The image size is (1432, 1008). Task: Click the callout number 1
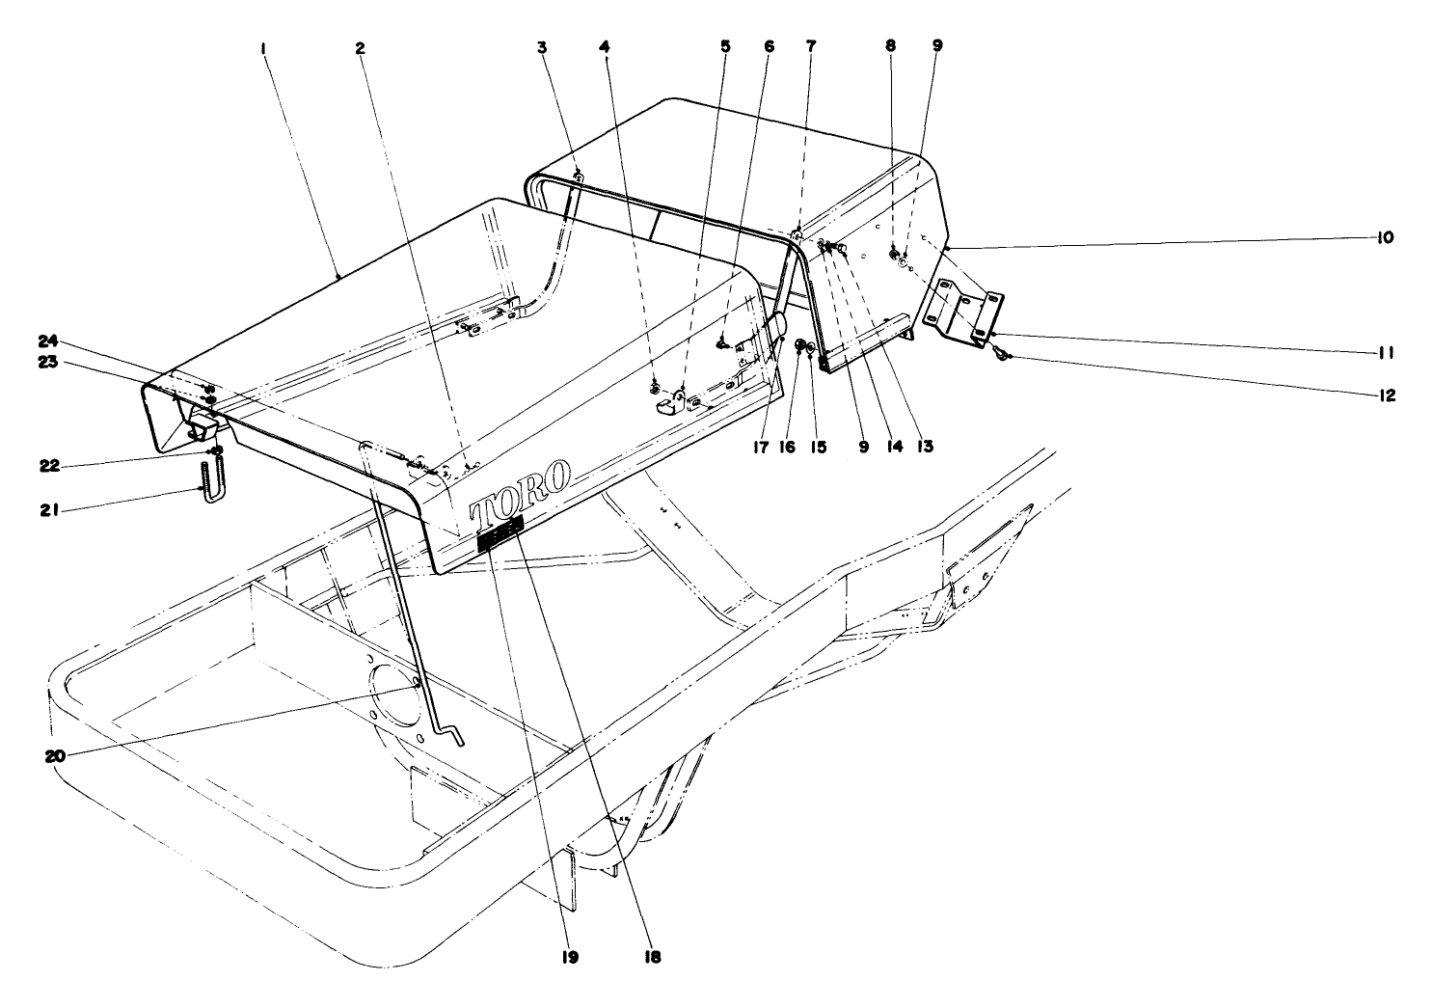coord(263,48)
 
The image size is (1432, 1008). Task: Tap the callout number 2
coord(361,48)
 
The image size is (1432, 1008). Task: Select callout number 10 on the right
coord(1385,238)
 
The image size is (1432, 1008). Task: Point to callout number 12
coord(1387,395)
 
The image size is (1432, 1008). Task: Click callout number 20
coord(55,756)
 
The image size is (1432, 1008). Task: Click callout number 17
coord(760,447)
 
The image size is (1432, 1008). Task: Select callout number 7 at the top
coord(811,46)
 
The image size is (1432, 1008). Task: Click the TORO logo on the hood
coord(519,494)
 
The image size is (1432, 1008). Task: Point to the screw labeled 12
coord(1001,351)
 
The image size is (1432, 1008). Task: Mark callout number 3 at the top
coord(542,46)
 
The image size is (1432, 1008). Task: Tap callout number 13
coord(924,447)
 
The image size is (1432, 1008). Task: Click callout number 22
coord(49,466)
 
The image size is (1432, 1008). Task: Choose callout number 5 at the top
coord(724,46)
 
